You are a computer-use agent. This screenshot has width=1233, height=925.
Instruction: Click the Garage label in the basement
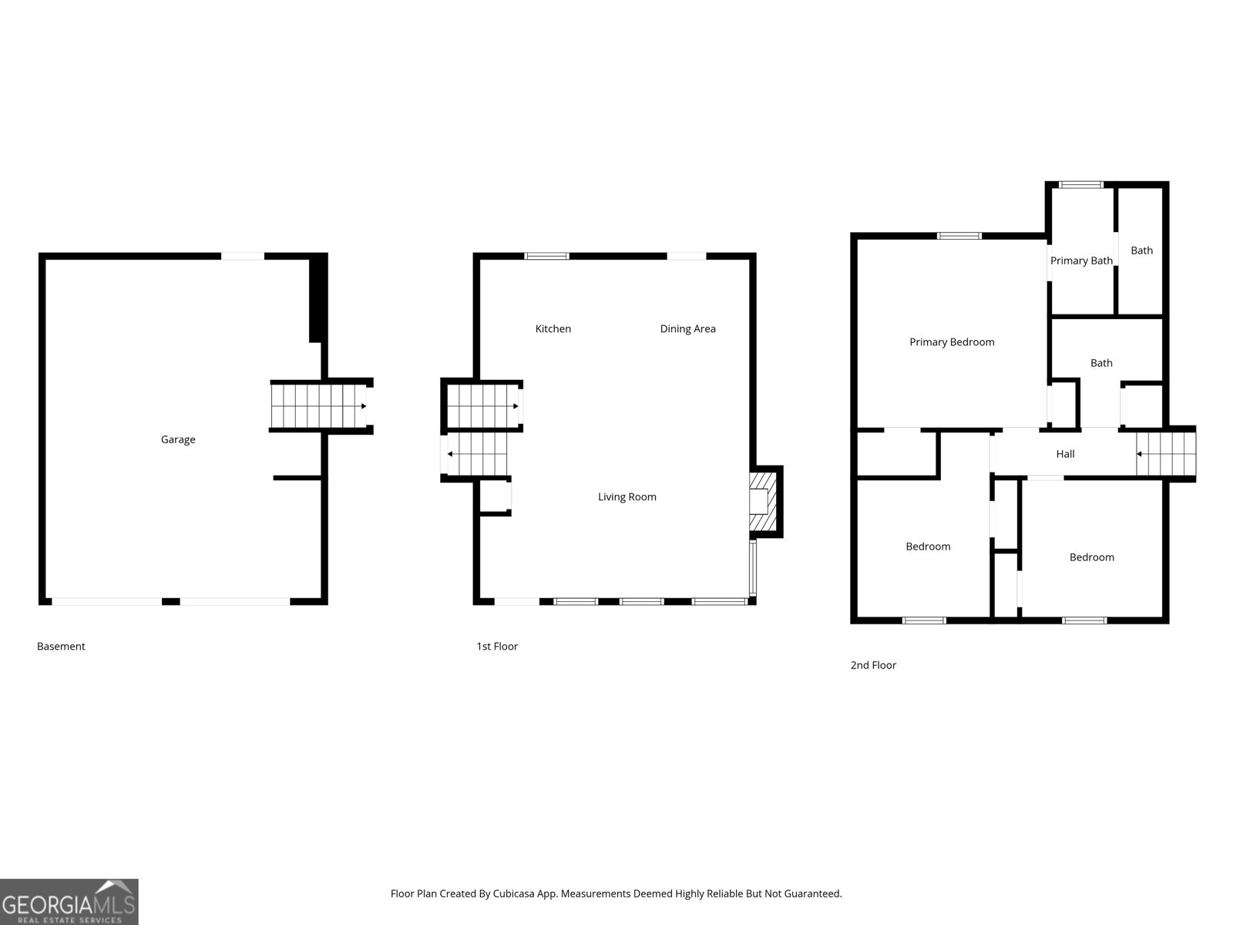pos(178,439)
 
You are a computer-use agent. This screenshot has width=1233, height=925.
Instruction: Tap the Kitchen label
pos(553,328)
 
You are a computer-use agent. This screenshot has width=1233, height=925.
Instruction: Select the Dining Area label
pos(687,328)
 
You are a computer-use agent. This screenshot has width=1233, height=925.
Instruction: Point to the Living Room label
pos(627,497)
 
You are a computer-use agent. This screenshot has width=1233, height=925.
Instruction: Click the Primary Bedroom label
pos(952,342)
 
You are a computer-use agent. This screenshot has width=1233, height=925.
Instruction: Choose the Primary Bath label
pos(1081,261)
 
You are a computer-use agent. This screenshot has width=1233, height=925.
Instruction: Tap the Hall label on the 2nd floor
pos(1065,454)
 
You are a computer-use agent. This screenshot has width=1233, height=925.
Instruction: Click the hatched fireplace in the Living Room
pos(763,502)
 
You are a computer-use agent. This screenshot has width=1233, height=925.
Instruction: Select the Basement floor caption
pos(61,647)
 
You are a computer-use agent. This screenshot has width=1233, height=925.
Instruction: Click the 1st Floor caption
pos(496,647)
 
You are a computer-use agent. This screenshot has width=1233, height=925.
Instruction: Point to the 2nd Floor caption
pos(873,665)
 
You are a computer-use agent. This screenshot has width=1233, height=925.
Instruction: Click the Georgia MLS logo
pos(69,902)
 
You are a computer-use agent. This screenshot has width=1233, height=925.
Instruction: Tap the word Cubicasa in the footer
pos(513,893)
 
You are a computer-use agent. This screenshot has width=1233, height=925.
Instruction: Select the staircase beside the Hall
pos(1166,454)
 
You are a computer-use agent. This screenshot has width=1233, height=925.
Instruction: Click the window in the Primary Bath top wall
pos(1080,185)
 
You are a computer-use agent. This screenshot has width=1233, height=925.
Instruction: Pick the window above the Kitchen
pos(546,256)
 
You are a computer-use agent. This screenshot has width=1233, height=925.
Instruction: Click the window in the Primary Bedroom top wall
pos(959,236)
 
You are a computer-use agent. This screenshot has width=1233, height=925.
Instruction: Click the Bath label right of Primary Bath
pos(1141,251)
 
